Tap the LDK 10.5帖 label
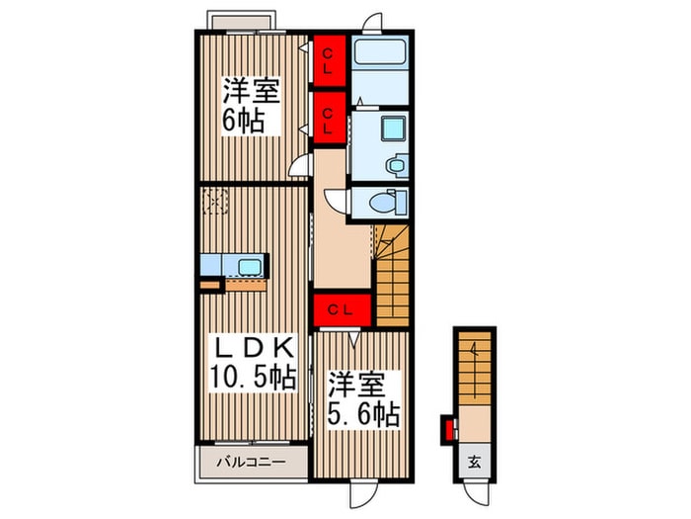pos(251,361)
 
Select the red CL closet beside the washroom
pos(329,118)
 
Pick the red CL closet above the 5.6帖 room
pos(343,309)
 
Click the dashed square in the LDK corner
pos(215,202)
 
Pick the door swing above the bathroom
pos(371,25)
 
